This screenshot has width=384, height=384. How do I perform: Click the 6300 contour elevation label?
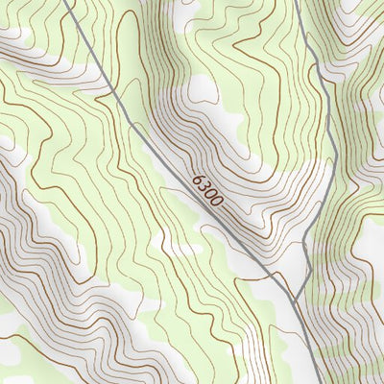click(x=207, y=192)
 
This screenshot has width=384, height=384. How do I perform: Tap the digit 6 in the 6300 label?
click(x=199, y=180)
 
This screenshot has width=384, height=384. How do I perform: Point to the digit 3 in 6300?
click(x=204, y=188)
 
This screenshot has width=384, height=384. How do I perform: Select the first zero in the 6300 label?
click(x=211, y=196)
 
